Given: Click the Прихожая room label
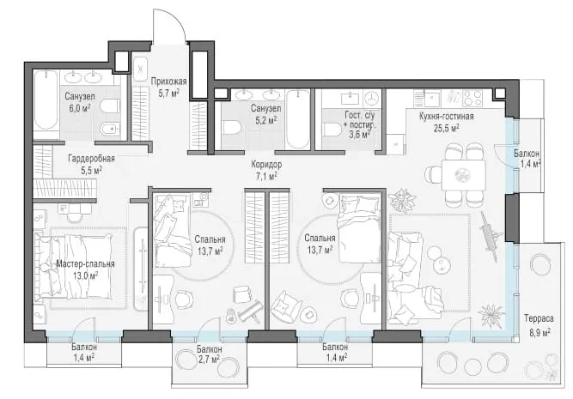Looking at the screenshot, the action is pyautogui.click(x=169, y=82).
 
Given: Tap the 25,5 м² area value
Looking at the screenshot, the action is pyautogui.click(x=446, y=128).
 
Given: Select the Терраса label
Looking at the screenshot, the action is pyautogui.click(x=539, y=318).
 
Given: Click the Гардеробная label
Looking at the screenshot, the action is pyautogui.click(x=91, y=159).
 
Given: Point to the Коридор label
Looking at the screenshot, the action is pyautogui.click(x=266, y=165).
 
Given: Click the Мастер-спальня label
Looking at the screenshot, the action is pyautogui.click(x=85, y=264).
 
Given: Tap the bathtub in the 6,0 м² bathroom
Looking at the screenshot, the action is pyautogui.click(x=46, y=100).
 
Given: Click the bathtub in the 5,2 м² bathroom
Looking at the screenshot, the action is pyautogui.click(x=298, y=119).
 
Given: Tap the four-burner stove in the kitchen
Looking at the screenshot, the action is pyautogui.click(x=472, y=98).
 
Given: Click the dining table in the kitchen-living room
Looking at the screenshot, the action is pyautogui.click(x=463, y=175).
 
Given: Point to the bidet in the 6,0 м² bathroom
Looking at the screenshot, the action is pyautogui.click(x=110, y=129).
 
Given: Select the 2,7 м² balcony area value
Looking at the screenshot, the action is pyautogui.click(x=209, y=359).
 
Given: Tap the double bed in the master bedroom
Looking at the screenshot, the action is pyautogui.click(x=73, y=266).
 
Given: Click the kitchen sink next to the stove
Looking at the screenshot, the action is pyautogui.click(x=432, y=98).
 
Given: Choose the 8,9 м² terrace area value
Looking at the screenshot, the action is pyautogui.click(x=539, y=332).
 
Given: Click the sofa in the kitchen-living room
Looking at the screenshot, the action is pyautogui.click(x=405, y=277).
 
